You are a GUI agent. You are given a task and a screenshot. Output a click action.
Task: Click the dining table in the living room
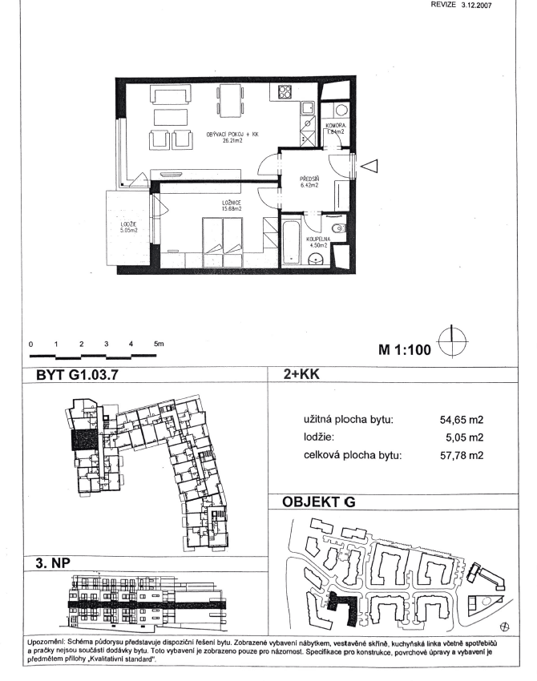click(230, 101)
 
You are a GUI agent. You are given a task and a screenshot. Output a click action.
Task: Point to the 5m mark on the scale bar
click(158, 343)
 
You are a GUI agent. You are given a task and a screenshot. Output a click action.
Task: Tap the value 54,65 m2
click(464, 419)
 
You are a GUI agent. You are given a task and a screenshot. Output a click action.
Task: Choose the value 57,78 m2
click(464, 456)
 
